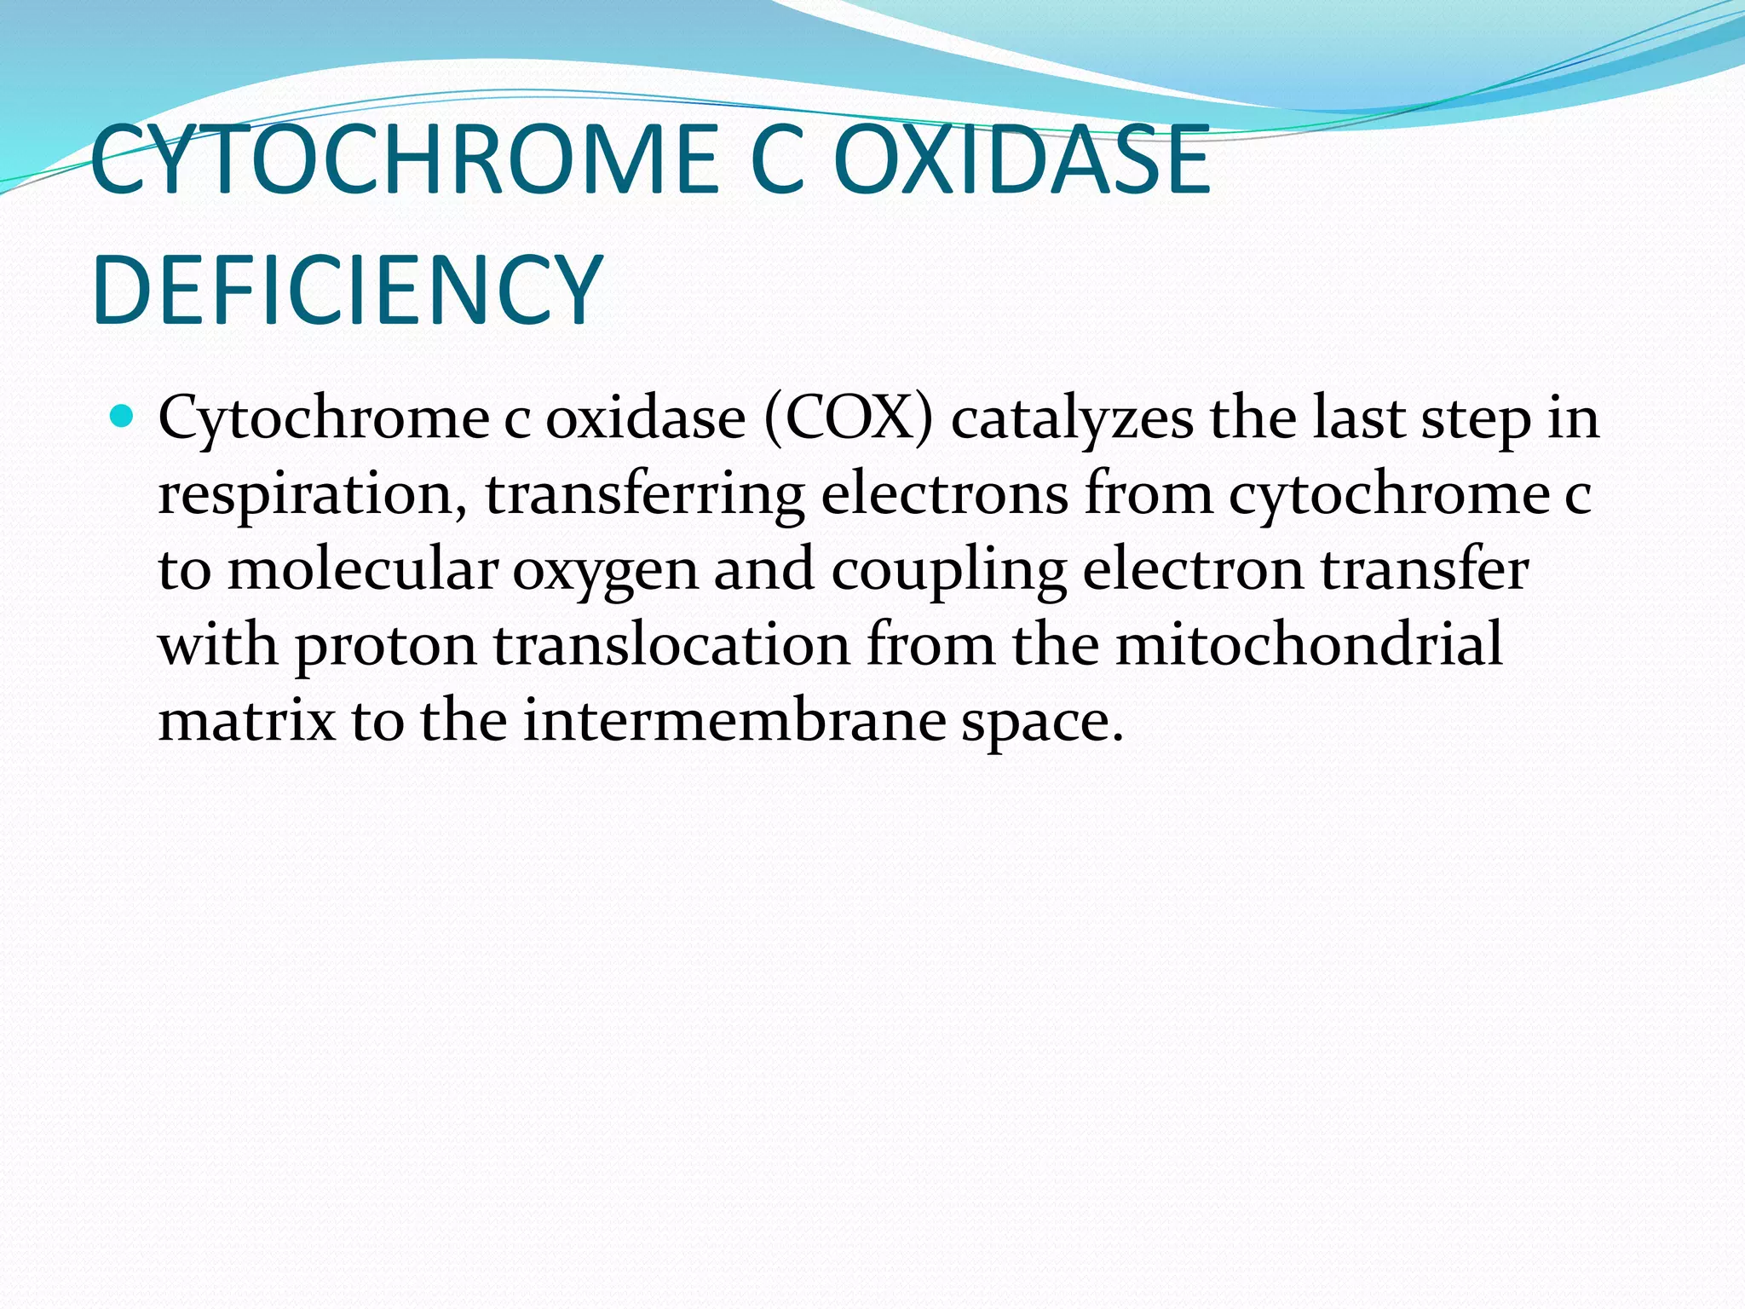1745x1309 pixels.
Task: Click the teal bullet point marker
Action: point(124,418)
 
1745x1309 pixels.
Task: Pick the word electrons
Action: point(944,494)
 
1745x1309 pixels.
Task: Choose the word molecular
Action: point(362,569)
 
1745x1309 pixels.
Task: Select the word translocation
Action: point(671,644)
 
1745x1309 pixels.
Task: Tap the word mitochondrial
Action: point(1309,644)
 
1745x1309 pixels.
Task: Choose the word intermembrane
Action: point(734,720)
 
